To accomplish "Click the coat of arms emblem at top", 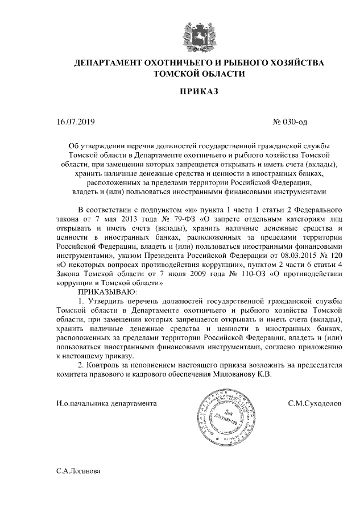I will (x=199, y=33).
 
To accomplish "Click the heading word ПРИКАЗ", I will (x=199, y=91).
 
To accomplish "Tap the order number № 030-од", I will (x=291, y=122).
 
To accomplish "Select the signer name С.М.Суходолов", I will (x=315, y=404).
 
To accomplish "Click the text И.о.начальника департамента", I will (x=106, y=404).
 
